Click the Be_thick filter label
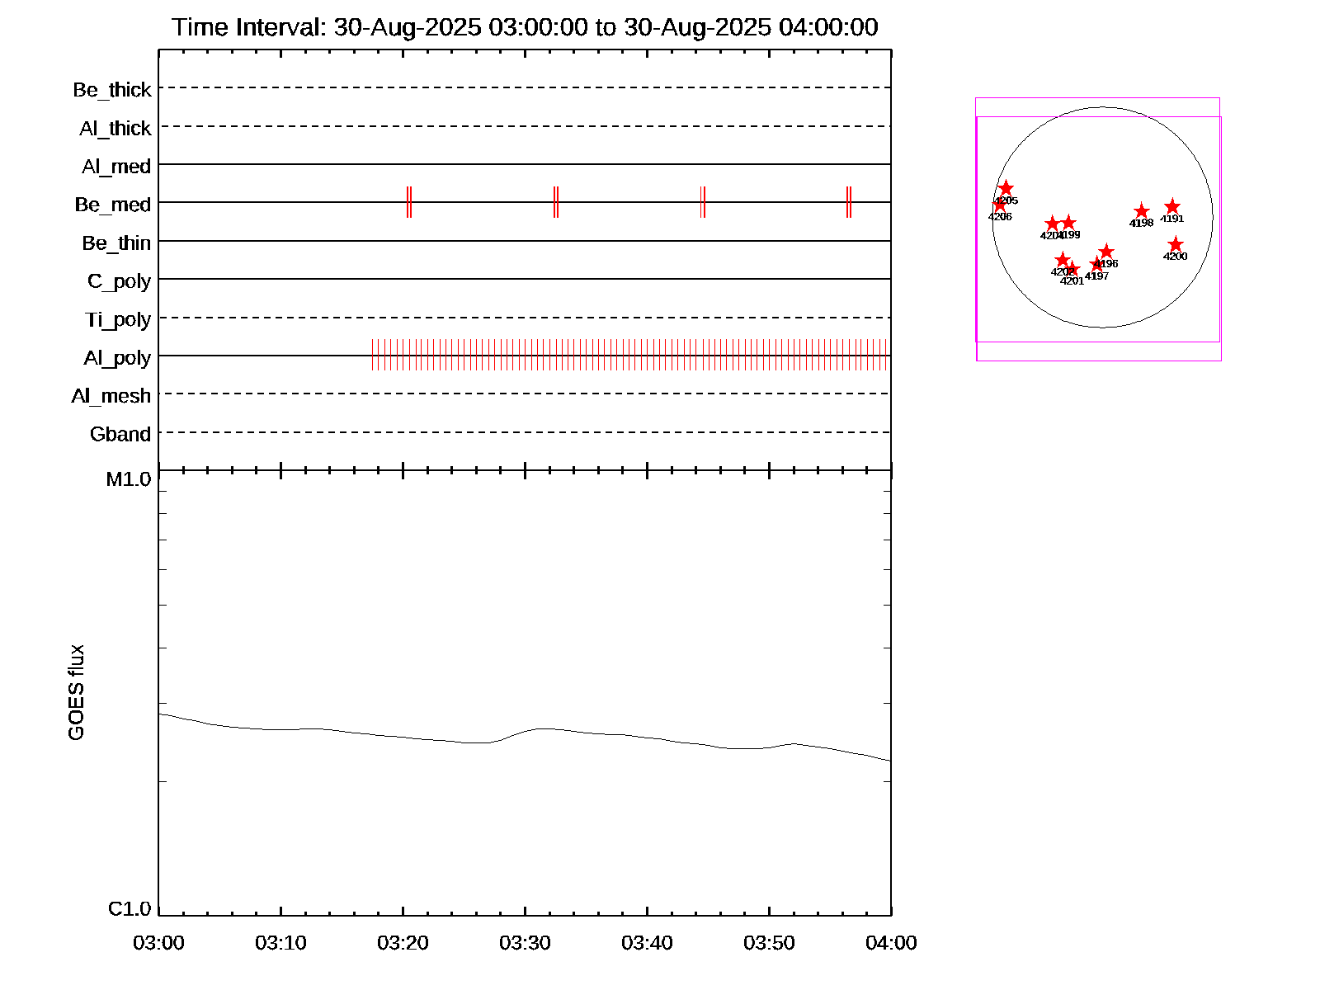tap(112, 89)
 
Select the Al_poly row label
tap(117, 357)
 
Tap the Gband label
tap(120, 434)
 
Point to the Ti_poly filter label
tap(118, 319)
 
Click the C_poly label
tap(119, 281)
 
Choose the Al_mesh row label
tap(111, 396)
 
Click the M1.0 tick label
tap(129, 479)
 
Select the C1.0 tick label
tap(130, 908)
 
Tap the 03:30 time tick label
tap(525, 942)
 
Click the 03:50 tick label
tap(769, 942)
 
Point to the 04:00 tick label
tap(891, 942)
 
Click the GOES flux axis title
tap(76, 692)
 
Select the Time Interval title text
tap(525, 27)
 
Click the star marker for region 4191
tap(1172, 207)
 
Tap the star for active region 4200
tap(1176, 245)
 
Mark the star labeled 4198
tap(1141, 211)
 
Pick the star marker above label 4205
tap(1006, 189)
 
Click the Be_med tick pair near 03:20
tap(409, 202)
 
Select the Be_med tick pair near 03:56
tap(848, 202)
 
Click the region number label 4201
tap(1072, 281)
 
